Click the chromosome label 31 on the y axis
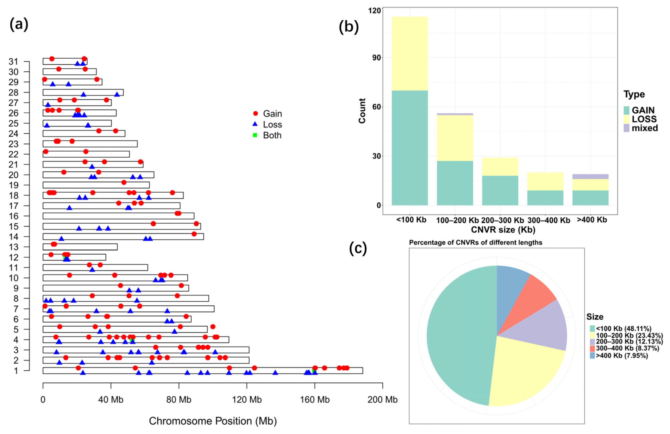pos(13,62)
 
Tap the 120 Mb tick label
pos(247,399)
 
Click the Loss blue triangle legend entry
pos(255,124)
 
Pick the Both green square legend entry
pos(255,135)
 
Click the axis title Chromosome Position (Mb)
pos(213,421)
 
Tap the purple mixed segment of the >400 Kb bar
pos(590,177)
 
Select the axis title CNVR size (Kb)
pos(503,230)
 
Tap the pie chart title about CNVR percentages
pos(475,242)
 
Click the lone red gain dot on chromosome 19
pos(124,182)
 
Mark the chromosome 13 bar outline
pos(84,247)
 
